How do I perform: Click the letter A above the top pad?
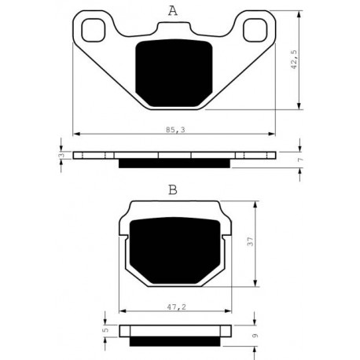coord(173,11)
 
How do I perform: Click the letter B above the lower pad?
coord(173,190)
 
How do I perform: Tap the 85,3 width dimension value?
coord(175,130)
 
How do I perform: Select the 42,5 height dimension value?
coord(295,60)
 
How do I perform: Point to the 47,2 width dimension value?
coord(177,307)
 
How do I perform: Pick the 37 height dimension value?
coord(251,241)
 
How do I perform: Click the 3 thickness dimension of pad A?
coord(61,155)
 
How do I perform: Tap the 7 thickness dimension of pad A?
coord(300,160)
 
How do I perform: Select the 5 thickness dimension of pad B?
coord(105,330)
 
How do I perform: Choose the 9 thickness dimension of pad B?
coord(255,336)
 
